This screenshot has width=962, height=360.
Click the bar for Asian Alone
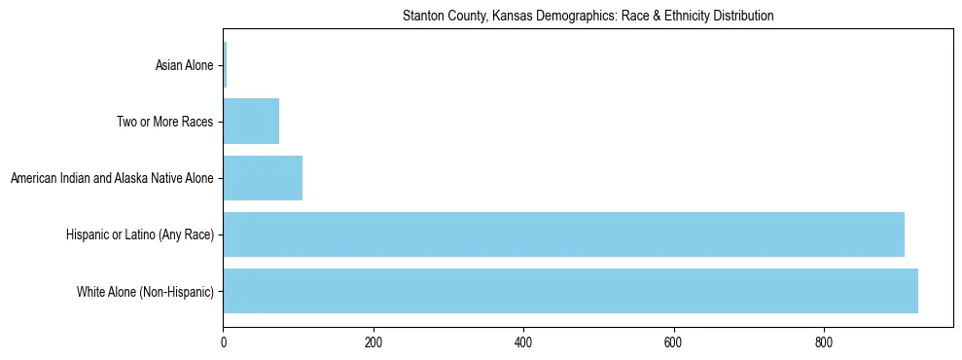[x=225, y=65]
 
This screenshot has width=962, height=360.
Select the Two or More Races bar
[x=251, y=122]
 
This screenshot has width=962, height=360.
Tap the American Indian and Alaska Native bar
[x=263, y=178]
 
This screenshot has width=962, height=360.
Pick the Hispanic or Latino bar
[x=563, y=234]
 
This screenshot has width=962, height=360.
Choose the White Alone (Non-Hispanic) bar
[x=570, y=291]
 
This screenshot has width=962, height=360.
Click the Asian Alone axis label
[x=184, y=66]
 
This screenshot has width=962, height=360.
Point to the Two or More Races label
[x=163, y=123]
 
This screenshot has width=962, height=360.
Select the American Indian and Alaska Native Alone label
[x=112, y=179]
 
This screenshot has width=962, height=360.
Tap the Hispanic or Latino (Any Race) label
[x=139, y=235]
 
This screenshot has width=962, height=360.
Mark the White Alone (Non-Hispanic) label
[x=145, y=292]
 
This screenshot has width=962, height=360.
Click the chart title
[x=588, y=17]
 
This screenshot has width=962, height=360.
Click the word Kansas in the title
[x=500, y=17]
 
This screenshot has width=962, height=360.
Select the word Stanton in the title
[x=422, y=17]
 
